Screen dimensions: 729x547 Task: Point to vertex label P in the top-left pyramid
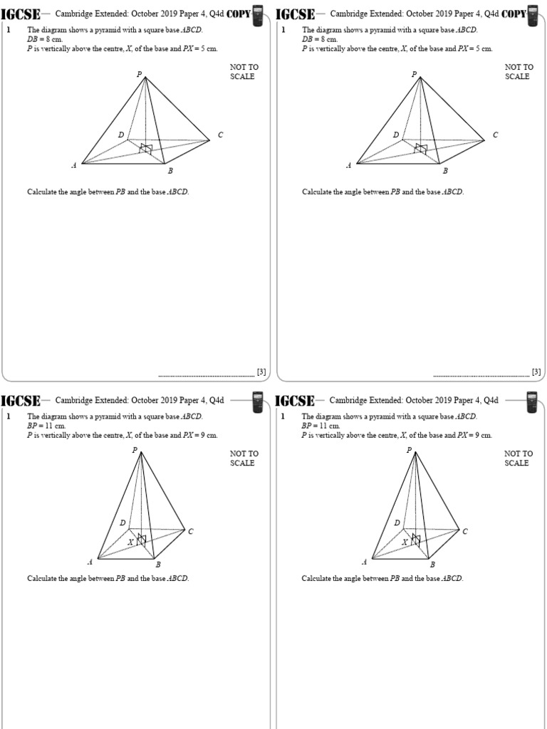(140, 74)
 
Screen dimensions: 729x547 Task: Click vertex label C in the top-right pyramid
(495, 135)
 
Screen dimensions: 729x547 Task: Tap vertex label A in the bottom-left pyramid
(90, 562)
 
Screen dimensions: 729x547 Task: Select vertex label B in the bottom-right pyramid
(432, 565)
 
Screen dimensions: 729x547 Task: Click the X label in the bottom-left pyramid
(130, 542)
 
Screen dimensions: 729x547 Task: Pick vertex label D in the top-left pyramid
(121, 135)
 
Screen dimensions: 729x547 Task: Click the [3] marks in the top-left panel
(261, 372)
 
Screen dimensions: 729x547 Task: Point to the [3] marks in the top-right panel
(536, 372)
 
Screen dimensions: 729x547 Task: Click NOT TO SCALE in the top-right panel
(519, 72)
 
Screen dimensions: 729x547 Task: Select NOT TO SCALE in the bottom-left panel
(244, 458)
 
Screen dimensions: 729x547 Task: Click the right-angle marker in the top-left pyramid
(145, 148)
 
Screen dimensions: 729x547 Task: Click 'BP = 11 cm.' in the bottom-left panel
(46, 426)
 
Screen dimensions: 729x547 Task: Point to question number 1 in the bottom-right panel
(283, 416)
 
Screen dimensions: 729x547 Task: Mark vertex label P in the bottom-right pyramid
(409, 450)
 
